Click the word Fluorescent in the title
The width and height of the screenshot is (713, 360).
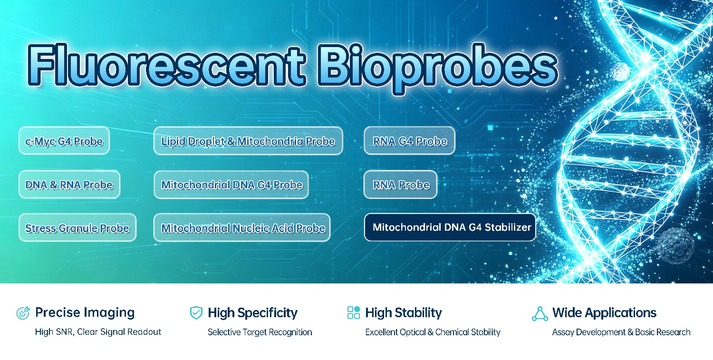pos(166,65)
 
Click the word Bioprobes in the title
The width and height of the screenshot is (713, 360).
pos(437,68)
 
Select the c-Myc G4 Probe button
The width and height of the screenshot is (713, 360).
pos(64,140)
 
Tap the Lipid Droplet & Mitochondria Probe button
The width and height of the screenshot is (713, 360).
pos(248,141)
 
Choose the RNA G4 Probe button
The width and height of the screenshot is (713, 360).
pos(409,140)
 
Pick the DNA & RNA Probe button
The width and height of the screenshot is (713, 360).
pos(69,185)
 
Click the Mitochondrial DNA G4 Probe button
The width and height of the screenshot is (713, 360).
pos(231,185)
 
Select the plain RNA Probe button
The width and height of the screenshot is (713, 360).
pos(400,185)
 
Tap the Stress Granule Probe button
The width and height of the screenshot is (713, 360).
pos(77,227)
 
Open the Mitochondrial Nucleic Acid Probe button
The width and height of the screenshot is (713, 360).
pos(242,227)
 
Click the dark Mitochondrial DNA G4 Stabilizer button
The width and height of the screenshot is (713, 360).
pos(450,227)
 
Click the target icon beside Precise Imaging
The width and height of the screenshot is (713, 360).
pos(23,313)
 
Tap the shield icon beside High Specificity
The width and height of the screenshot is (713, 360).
pos(196,313)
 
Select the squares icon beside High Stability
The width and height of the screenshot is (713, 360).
pos(354,312)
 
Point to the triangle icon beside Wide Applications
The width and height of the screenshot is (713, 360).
pos(540,313)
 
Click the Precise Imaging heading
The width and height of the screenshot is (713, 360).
pos(85,312)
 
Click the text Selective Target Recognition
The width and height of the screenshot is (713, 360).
pos(260,332)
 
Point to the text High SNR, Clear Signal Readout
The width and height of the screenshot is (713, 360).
pos(98,332)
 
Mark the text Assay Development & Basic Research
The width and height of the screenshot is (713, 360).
pos(621,332)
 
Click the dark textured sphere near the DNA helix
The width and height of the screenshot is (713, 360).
pos(675,245)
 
